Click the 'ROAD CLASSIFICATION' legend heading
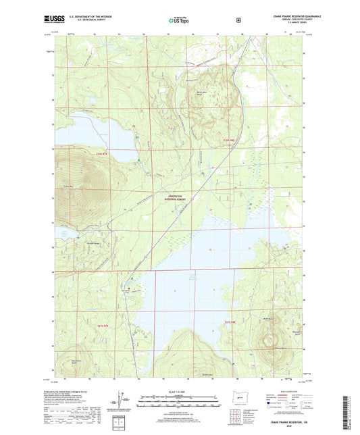point(287,390)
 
